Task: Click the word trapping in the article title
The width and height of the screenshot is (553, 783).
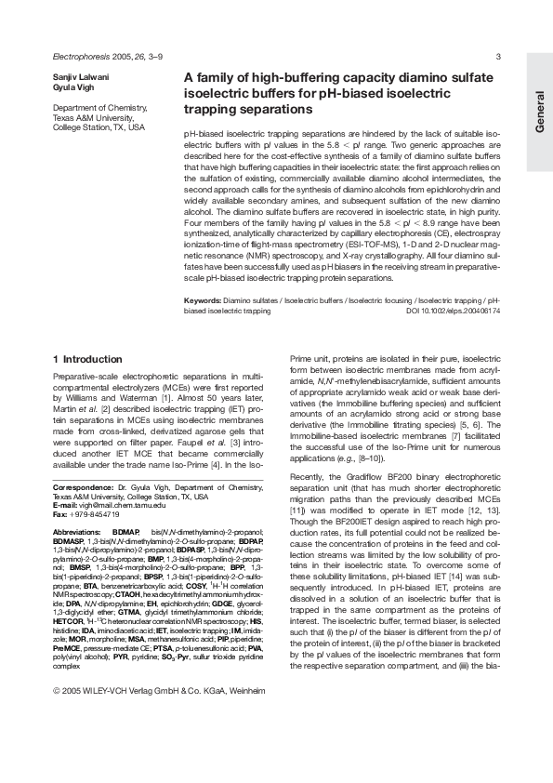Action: click(215, 110)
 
